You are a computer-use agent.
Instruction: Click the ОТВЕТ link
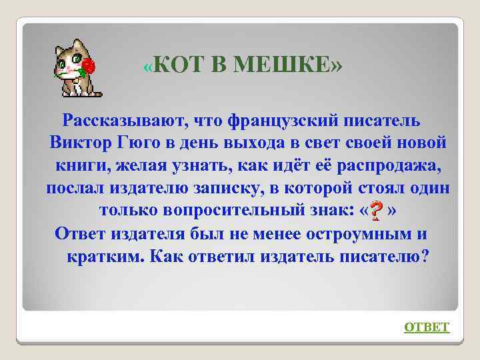click(427, 327)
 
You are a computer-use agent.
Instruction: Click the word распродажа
click(389, 167)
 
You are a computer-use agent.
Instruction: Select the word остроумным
click(354, 235)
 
